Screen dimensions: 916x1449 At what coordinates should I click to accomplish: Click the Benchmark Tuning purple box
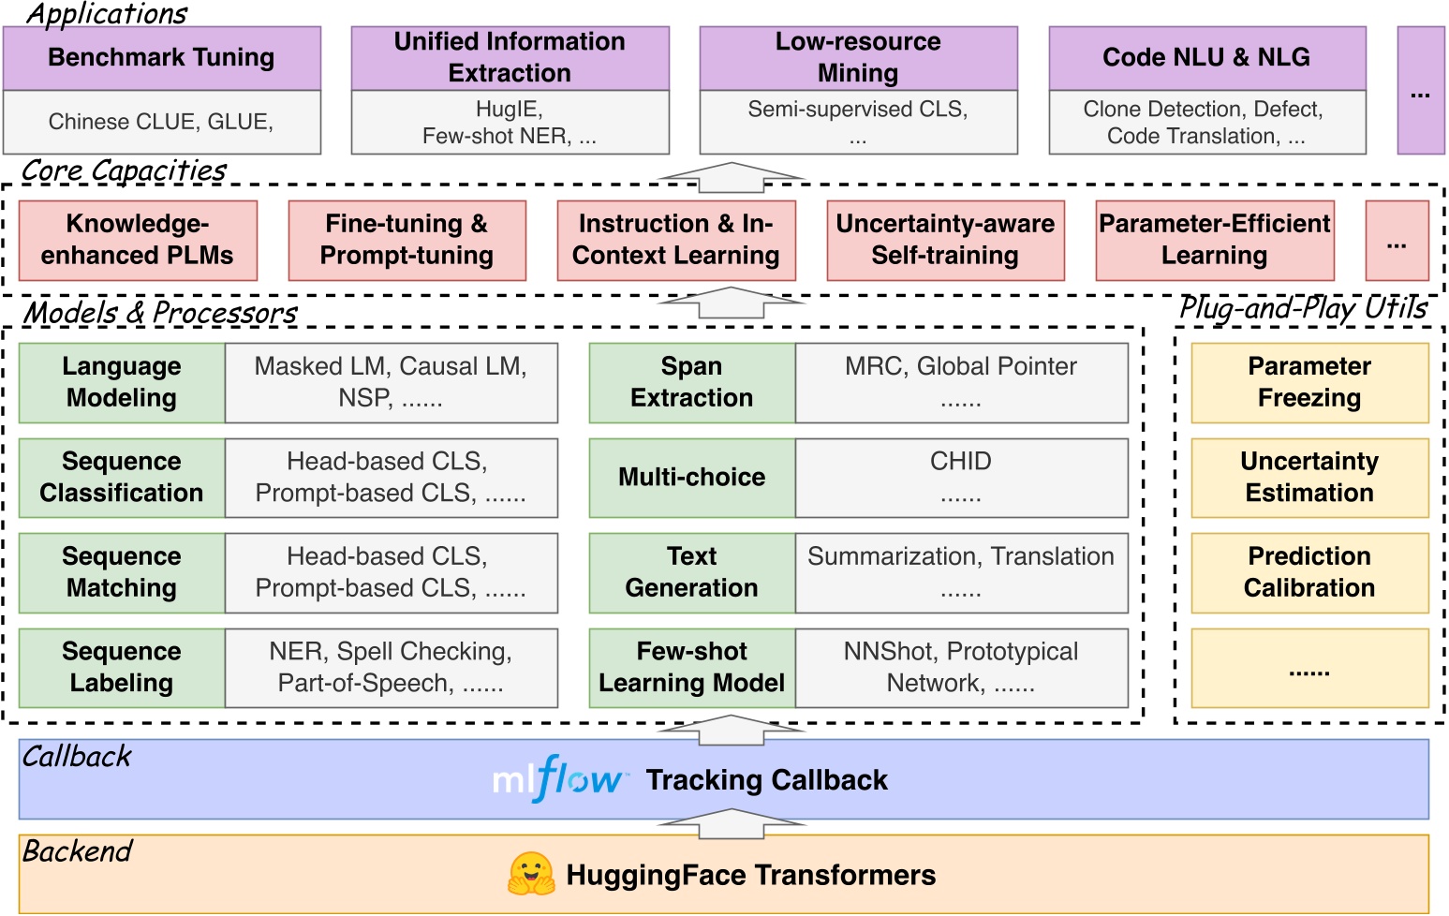point(162,58)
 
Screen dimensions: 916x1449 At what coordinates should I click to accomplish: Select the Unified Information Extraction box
point(510,58)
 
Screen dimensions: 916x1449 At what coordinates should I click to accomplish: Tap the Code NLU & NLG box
point(1206,58)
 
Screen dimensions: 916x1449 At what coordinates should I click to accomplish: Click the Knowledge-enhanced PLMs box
point(138,240)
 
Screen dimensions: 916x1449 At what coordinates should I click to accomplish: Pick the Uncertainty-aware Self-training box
point(945,240)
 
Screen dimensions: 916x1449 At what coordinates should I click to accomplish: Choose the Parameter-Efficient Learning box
point(1214,240)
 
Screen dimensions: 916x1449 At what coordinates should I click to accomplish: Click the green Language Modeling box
point(122,382)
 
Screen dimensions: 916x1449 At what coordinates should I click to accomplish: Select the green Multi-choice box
point(691,478)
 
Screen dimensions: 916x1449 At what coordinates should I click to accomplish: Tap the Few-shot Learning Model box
point(691,667)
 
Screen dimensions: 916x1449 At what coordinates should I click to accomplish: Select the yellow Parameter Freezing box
point(1309,382)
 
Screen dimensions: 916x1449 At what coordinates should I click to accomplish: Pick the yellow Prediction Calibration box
point(1309,572)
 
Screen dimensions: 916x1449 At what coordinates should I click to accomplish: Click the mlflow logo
point(558,779)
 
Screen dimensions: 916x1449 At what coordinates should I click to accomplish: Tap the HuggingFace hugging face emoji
point(531,874)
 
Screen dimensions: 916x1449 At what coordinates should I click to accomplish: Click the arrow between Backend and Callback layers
point(732,824)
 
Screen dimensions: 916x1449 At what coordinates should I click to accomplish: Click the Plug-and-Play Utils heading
point(1303,308)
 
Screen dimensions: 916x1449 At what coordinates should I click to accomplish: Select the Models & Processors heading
point(159,313)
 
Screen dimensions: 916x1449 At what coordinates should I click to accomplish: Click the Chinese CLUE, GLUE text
point(161,122)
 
